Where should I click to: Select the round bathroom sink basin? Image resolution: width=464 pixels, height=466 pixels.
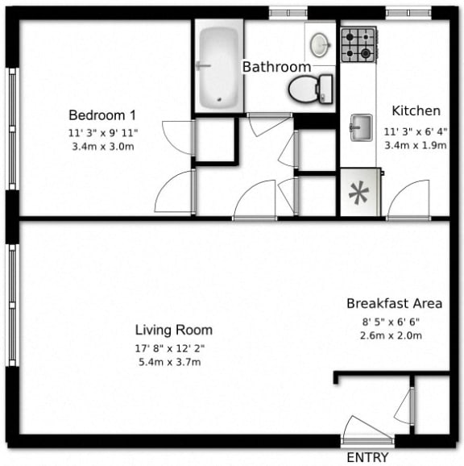pos(320,42)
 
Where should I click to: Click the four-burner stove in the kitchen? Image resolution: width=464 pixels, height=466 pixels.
pos(358,45)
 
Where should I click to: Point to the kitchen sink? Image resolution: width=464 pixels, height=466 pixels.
pos(359,126)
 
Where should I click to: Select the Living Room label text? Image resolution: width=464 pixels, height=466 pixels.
pos(173,330)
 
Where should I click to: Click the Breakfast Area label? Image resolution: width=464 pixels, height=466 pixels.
pos(394,304)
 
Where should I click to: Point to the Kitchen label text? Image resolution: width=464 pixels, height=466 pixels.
pos(416,111)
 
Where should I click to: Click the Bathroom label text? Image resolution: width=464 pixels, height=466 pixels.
pos(276,67)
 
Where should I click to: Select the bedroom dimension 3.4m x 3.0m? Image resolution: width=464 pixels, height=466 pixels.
pos(101,146)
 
